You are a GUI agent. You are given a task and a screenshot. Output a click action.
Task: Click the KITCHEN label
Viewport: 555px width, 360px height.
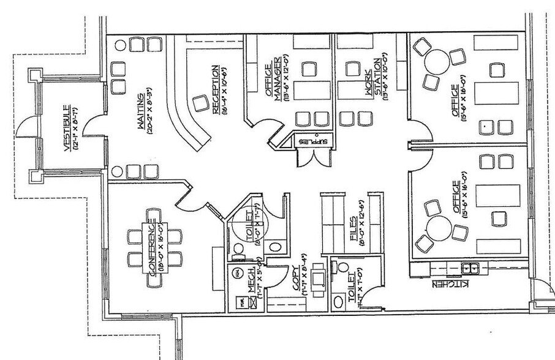click(x=450, y=285)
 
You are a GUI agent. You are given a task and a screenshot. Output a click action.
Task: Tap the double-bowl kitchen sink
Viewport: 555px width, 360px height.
click(x=470, y=267)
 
